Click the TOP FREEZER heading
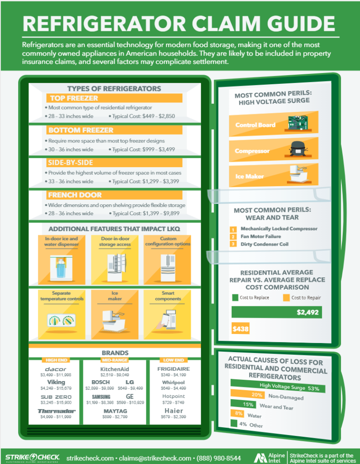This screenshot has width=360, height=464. (x=74, y=98)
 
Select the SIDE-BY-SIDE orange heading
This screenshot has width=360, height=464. (x=71, y=163)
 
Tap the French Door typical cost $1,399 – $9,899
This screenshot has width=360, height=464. (x=146, y=213)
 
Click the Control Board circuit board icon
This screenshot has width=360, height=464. (x=298, y=123)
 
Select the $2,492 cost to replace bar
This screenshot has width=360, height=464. (x=277, y=312)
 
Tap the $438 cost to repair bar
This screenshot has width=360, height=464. (x=240, y=329)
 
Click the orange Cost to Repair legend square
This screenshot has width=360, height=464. (x=286, y=298)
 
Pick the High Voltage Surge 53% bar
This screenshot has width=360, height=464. (x=277, y=387)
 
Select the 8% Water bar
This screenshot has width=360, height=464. (x=237, y=413)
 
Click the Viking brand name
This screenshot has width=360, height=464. (x=56, y=382)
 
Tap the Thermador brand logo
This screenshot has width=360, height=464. (x=56, y=411)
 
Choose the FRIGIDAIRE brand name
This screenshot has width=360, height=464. (x=174, y=369)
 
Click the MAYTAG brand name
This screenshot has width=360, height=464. (x=115, y=411)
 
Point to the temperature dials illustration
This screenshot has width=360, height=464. (x=61, y=320)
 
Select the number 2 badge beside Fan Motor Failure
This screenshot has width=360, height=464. (x=233, y=237)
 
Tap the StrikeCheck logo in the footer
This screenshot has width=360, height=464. (x=33, y=458)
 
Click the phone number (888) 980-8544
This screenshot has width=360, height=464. (x=219, y=459)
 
